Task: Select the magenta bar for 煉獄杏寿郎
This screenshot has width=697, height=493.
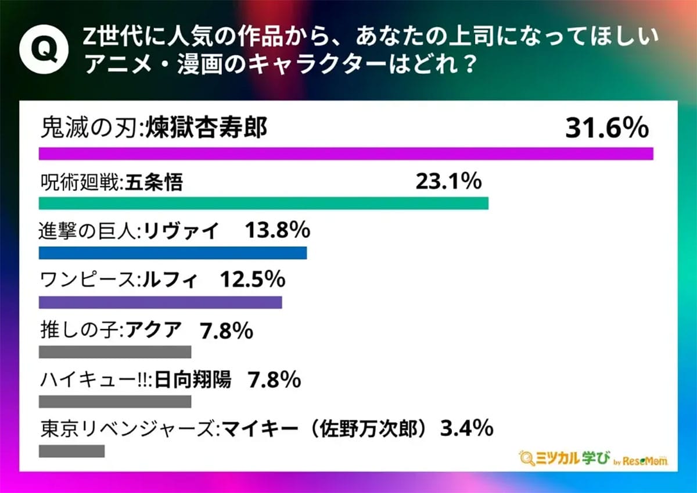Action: (346, 153)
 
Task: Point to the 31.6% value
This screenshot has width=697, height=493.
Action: (606, 128)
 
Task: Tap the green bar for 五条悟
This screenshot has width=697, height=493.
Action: (264, 203)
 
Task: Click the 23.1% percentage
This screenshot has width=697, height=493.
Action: (448, 183)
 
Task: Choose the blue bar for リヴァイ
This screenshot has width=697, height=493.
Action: (173, 253)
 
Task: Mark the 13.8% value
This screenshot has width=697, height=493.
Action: (277, 231)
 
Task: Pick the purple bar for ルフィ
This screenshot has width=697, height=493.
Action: (160, 302)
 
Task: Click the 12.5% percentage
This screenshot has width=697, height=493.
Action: (253, 281)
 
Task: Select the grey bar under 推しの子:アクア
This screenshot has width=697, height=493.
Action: (115, 352)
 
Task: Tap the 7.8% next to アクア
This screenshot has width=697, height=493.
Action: (226, 331)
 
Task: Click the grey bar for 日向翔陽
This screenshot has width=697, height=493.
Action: (115, 402)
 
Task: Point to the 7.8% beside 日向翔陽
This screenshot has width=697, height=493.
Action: (274, 381)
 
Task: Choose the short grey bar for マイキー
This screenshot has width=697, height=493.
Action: (72, 451)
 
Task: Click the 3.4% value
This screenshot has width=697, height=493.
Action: (467, 430)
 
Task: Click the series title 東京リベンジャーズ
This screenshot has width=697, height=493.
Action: (127, 431)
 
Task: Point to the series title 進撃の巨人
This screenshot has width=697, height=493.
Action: (87, 232)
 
